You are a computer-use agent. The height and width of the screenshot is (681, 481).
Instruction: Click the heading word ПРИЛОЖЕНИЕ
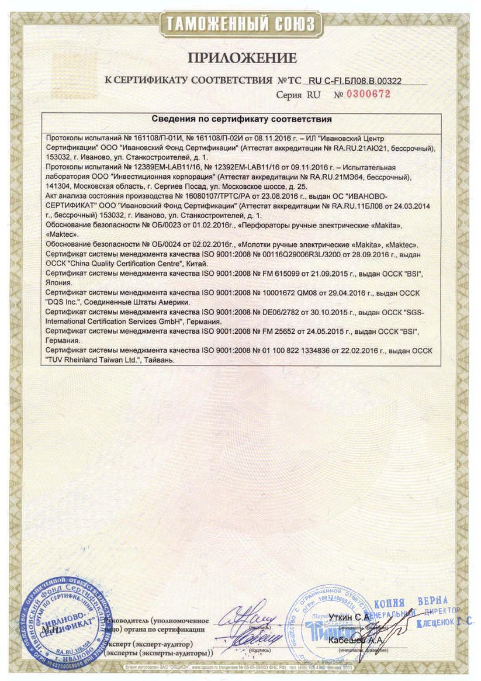pos(242,58)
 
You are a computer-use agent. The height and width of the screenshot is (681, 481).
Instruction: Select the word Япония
pos(60,282)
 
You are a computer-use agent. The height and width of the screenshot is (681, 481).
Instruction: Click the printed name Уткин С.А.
pos(349,617)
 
